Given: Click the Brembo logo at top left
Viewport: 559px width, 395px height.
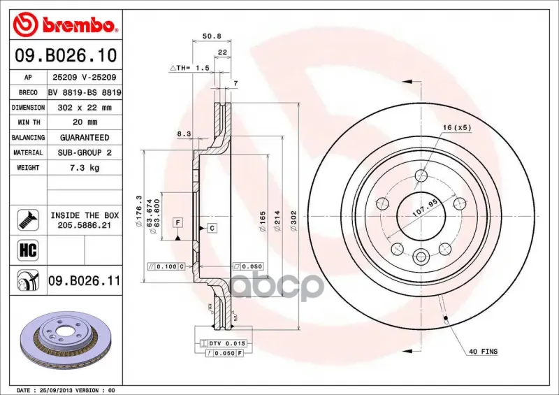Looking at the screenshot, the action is (65, 24).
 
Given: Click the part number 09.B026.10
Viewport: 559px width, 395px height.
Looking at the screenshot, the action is (66, 56).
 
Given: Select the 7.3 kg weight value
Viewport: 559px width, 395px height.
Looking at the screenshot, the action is (85, 167).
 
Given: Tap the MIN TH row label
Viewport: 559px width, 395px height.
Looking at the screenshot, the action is (29, 122).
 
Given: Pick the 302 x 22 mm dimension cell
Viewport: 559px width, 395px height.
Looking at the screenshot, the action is (85, 108).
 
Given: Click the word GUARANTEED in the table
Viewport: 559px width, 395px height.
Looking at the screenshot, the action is (85, 137).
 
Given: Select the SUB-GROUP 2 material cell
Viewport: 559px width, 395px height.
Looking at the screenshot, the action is (85, 152).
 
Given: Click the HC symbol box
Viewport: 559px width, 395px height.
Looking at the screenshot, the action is (28, 250).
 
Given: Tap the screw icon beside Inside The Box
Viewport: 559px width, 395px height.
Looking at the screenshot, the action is (28, 220).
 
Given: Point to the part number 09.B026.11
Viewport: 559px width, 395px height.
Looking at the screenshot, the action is (84, 281).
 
